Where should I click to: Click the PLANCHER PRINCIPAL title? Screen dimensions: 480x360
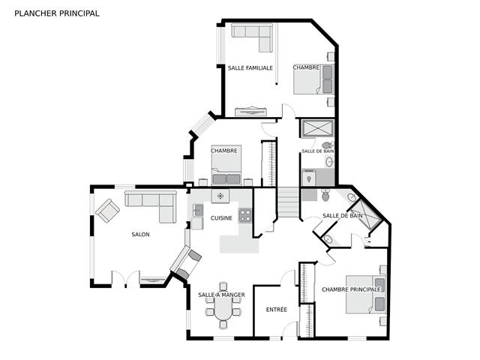pyautogui.click(x=57, y=13)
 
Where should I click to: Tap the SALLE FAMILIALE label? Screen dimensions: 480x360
pyautogui.click(x=250, y=68)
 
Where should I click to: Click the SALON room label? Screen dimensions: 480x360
pyautogui.click(x=140, y=235)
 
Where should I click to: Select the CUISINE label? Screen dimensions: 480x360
pyautogui.click(x=221, y=218)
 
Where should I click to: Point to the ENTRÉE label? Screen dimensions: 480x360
pyautogui.click(x=277, y=310)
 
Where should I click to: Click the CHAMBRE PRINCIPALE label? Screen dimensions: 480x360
pyautogui.click(x=351, y=289)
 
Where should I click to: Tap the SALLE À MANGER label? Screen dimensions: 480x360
pyautogui.click(x=221, y=295)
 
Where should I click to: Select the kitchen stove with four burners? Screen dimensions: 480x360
pyautogui.click(x=245, y=215)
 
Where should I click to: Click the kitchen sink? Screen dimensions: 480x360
pyautogui.click(x=197, y=210)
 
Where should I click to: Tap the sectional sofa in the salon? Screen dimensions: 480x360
pyautogui.click(x=151, y=207)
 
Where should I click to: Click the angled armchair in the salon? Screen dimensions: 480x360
pyautogui.click(x=107, y=211)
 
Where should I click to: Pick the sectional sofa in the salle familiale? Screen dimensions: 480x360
pyautogui.click(x=252, y=37)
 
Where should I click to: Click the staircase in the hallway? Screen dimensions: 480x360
pyautogui.click(x=288, y=202)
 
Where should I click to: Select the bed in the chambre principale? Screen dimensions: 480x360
pyautogui.click(x=366, y=295)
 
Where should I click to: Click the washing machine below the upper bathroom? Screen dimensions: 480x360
pyautogui.click(x=308, y=177)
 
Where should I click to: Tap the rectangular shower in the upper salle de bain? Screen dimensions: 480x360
pyautogui.click(x=317, y=128)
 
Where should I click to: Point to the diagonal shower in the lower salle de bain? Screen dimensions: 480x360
pyautogui.click(x=365, y=214)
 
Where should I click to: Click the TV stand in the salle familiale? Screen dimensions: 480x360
pyautogui.click(x=250, y=112)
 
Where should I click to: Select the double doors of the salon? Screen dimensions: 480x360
pyautogui.click(x=125, y=279)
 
